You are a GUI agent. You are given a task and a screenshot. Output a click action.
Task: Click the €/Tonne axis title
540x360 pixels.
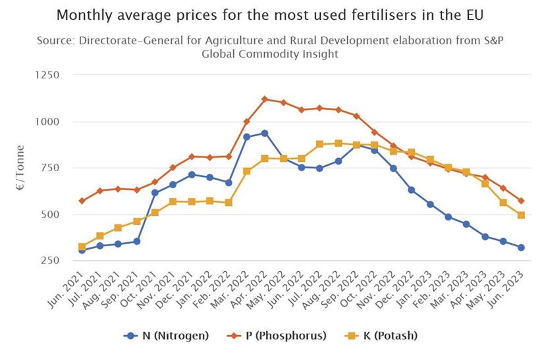point(20,168)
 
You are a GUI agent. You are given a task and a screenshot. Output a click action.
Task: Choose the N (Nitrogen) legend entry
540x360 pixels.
point(167,336)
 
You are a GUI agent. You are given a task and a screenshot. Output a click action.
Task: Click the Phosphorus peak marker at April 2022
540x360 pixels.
point(265,99)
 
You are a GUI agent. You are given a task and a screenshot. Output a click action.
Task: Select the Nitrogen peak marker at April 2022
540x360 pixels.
point(265,133)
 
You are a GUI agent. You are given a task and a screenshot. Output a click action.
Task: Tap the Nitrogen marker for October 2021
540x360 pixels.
point(155,193)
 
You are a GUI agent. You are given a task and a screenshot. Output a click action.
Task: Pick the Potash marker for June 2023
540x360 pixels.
point(522,215)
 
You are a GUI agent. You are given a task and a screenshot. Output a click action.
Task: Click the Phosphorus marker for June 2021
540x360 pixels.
point(82,201)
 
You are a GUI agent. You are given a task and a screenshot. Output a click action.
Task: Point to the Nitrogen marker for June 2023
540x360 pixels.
point(522,247)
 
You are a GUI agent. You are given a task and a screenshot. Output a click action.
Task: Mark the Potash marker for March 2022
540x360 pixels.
point(246,171)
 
